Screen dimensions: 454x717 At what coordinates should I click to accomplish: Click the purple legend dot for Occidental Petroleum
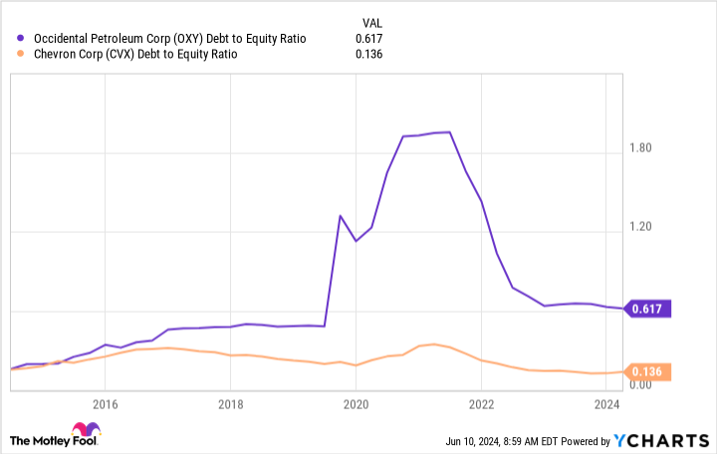point(22,38)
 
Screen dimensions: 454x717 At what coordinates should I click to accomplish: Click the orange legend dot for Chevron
point(22,54)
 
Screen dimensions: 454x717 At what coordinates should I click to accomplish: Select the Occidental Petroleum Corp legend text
point(170,38)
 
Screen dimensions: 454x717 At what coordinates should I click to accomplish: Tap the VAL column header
point(369,20)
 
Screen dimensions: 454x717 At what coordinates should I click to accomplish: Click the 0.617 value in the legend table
point(369,38)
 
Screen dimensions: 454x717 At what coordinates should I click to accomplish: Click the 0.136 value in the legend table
point(369,54)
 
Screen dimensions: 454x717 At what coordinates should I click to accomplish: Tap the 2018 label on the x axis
point(230,405)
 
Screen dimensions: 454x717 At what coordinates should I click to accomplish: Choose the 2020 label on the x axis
point(356,405)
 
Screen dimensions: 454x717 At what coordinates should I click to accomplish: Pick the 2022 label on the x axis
point(481,405)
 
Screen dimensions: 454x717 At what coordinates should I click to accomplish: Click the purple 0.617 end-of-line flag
point(650,309)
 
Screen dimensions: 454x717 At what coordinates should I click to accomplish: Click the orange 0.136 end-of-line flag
point(650,371)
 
